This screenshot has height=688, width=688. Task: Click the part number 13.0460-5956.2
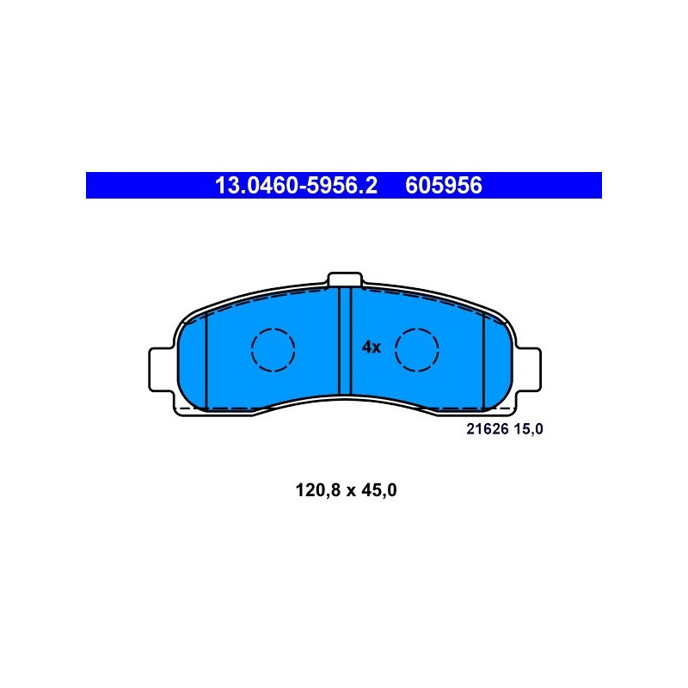296,185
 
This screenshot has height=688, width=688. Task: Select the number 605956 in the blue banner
444,185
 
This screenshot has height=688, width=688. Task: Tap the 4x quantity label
372,347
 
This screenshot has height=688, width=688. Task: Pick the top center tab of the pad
345,279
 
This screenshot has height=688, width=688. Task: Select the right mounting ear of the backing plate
529,370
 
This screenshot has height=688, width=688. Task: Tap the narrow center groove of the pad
346,341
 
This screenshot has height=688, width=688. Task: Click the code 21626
487,429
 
